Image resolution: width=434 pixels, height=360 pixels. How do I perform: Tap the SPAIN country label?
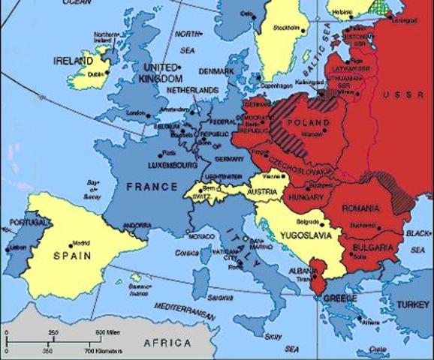72,255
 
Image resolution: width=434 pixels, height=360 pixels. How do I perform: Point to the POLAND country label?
309,122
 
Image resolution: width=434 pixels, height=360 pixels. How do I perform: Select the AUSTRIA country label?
264,192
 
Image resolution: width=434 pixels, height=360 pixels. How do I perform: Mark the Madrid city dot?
72,244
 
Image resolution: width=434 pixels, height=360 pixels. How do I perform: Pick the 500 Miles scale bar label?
106,332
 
